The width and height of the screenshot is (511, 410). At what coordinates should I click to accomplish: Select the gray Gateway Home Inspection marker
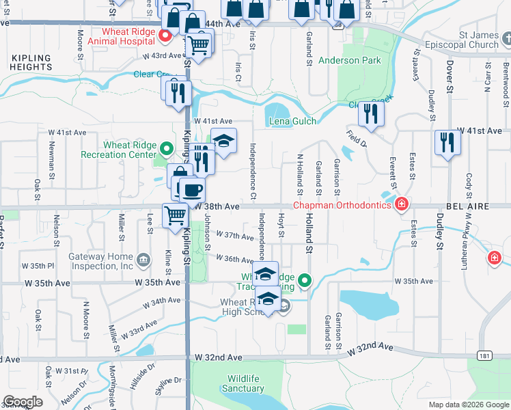tap(143, 259)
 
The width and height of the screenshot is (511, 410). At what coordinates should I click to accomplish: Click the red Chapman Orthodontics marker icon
tap(402, 204)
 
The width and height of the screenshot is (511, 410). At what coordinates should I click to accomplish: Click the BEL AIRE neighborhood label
tap(486, 206)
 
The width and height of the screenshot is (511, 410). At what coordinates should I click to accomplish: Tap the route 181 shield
tap(484, 355)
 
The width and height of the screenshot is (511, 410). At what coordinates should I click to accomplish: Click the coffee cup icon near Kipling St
tap(191, 189)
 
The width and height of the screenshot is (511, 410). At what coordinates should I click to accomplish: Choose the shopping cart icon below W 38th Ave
tap(176, 215)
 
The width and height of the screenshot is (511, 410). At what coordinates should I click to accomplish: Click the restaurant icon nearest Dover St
tap(447, 141)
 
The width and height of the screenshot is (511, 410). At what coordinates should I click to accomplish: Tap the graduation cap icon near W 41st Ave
tap(223, 141)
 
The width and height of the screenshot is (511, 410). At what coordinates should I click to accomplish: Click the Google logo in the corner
tap(23, 402)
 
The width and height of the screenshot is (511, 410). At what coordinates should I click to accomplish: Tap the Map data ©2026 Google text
tap(469, 405)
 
